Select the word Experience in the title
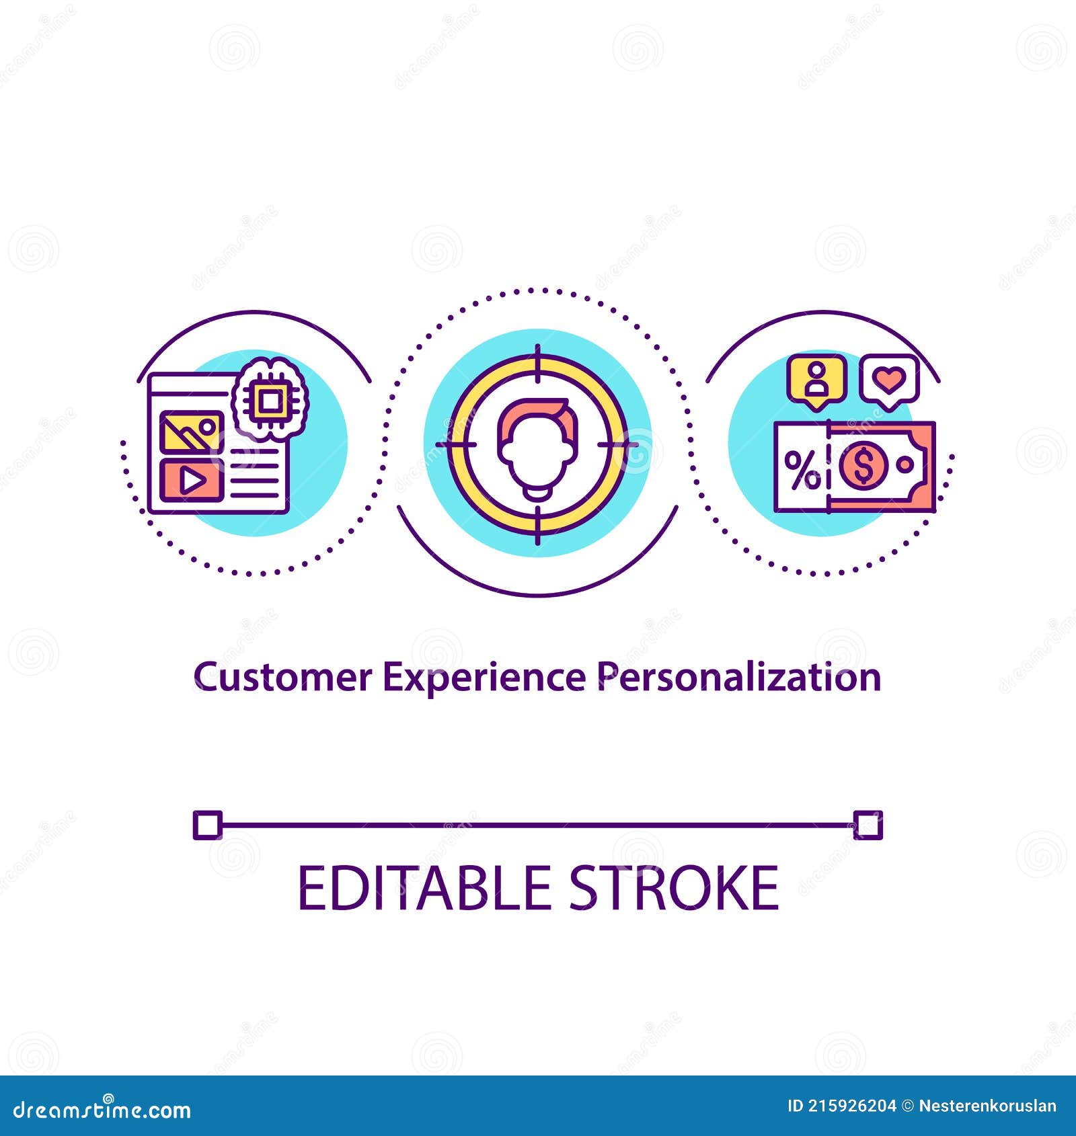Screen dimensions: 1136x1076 tap(484, 677)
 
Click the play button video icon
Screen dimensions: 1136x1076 tap(192, 480)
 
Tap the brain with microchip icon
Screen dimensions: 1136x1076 tap(270, 401)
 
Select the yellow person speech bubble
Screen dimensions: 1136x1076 tap(817, 381)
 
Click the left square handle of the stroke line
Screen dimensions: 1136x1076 tap(207, 825)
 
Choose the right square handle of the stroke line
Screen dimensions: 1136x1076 tap(868, 825)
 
